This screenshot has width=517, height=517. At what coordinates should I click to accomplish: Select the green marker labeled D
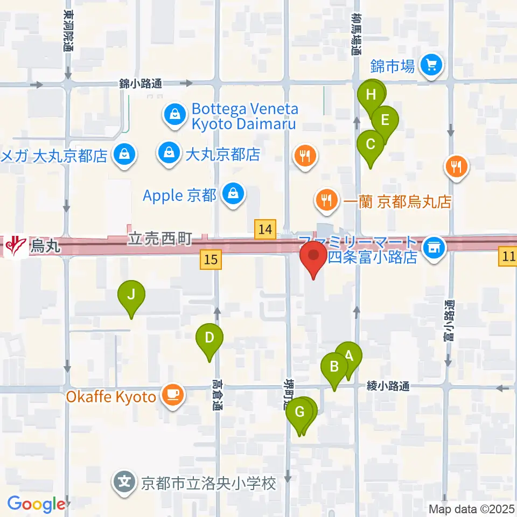pyautogui.click(x=209, y=338)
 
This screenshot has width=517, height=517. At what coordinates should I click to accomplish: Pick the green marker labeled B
pyautogui.click(x=334, y=367)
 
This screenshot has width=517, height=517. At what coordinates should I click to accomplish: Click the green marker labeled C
pyautogui.click(x=371, y=144)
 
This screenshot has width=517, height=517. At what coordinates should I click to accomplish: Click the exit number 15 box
pyautogui.click(x=211, y=260)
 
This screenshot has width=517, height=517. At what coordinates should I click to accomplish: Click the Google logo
pyautogui.click(x=36, y=504)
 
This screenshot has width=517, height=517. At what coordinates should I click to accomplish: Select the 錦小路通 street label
pyautogui.click(x=141, y=83)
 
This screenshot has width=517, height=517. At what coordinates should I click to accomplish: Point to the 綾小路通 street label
pyautogui.click(x=388, y=386)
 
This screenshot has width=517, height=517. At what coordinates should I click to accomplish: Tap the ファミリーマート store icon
pyautogui.click(x=432, y=247)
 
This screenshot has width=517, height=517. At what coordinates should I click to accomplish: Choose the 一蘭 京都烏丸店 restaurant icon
pyautogui.click(x=326, y=200)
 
